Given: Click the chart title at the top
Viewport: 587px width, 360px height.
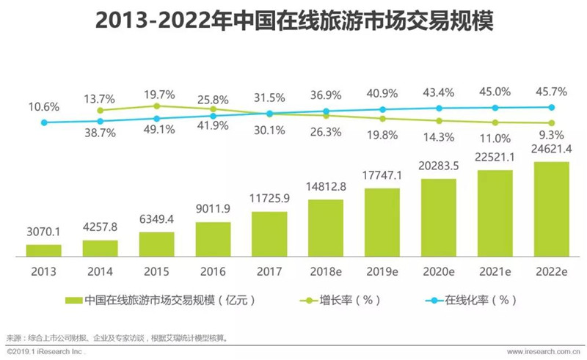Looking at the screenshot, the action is coord(294,21).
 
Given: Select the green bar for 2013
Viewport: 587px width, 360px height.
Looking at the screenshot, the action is coord(44,250).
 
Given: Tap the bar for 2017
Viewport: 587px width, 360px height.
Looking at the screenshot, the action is coord(269,235).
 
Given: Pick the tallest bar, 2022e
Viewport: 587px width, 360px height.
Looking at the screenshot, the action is coord(552,209).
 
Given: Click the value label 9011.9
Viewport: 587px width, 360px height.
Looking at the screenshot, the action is coord(213,209).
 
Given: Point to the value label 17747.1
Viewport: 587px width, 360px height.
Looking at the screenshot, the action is coord(382,175).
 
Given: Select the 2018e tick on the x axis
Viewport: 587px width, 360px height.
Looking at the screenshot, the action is coord(326,272).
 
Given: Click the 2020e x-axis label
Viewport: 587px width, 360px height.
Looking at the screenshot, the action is coord(439,272).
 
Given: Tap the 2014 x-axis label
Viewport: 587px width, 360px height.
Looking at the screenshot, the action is coord(100,272).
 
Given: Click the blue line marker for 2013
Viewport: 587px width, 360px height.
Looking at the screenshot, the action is coord(44,122).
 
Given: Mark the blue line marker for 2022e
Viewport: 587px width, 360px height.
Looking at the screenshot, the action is coord(552,107).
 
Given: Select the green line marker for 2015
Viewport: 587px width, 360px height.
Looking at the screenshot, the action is coord(157,106).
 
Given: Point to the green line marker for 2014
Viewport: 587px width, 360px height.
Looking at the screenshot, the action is coord(100,111).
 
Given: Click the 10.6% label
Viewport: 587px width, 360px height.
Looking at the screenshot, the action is coord(44,107).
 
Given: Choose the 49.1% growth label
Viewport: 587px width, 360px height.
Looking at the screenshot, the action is coord(159,130).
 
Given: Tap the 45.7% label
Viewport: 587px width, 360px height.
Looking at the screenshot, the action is coord(552,92).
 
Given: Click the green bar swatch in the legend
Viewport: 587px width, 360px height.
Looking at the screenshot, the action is coord(74,301).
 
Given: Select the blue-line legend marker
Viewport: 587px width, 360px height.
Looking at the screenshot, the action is coord(434,301).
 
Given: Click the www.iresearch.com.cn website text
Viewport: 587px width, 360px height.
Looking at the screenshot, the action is coord(544,352).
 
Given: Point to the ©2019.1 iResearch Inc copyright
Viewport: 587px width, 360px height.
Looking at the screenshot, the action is coord(45,352).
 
